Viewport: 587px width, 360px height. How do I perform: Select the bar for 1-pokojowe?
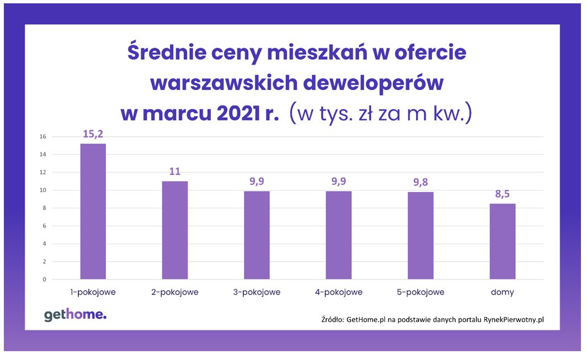93,211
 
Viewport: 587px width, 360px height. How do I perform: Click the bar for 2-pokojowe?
174,230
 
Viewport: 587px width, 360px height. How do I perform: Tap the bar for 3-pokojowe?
257,235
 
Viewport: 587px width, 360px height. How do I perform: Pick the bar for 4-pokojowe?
338,235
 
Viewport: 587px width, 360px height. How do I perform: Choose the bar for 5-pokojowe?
420,236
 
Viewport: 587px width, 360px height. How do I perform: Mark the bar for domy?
502,241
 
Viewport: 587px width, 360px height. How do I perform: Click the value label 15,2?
93,134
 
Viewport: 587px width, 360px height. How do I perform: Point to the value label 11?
174,171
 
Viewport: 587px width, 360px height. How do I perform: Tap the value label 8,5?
502,194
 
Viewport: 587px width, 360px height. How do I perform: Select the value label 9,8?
420,182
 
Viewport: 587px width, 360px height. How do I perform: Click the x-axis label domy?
502,292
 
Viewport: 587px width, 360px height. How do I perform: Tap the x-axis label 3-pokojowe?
257,292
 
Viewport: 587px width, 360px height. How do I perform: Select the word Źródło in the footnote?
332,319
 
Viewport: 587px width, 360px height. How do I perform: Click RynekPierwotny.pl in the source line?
513,319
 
